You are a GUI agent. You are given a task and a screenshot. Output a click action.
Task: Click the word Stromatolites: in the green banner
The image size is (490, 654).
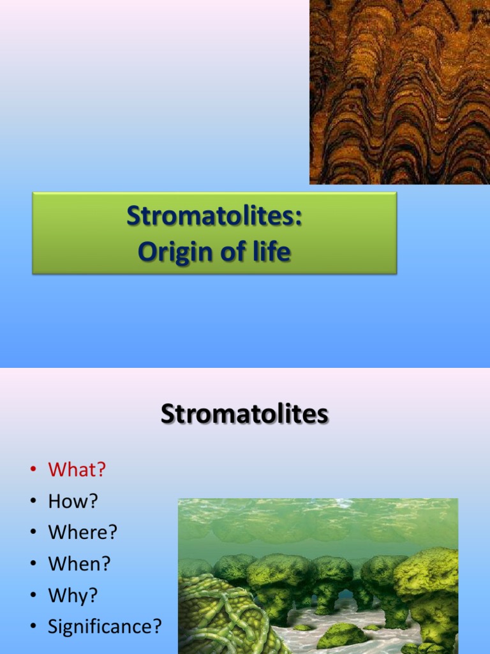tap(214, 216)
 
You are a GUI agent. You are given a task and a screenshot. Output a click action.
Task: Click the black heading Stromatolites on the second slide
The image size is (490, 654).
tap(244, 414)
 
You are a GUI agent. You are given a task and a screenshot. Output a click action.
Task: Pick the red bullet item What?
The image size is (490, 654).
tap(77, 470)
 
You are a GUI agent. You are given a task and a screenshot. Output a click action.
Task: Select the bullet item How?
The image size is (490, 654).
tap(73, 501)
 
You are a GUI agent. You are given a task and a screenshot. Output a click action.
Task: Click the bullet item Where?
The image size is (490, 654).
tap(83, 532)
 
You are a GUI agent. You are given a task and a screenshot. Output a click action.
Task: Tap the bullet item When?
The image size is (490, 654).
tap(79, 563)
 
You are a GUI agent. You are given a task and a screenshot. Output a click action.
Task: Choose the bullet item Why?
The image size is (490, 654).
tap(73, 595)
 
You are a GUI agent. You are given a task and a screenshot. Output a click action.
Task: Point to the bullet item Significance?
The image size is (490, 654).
tap(105, 627)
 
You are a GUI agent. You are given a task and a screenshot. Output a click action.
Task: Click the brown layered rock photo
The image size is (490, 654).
tap(399, 92)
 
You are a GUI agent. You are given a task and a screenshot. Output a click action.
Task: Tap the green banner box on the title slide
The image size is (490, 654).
tap(214, 234)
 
